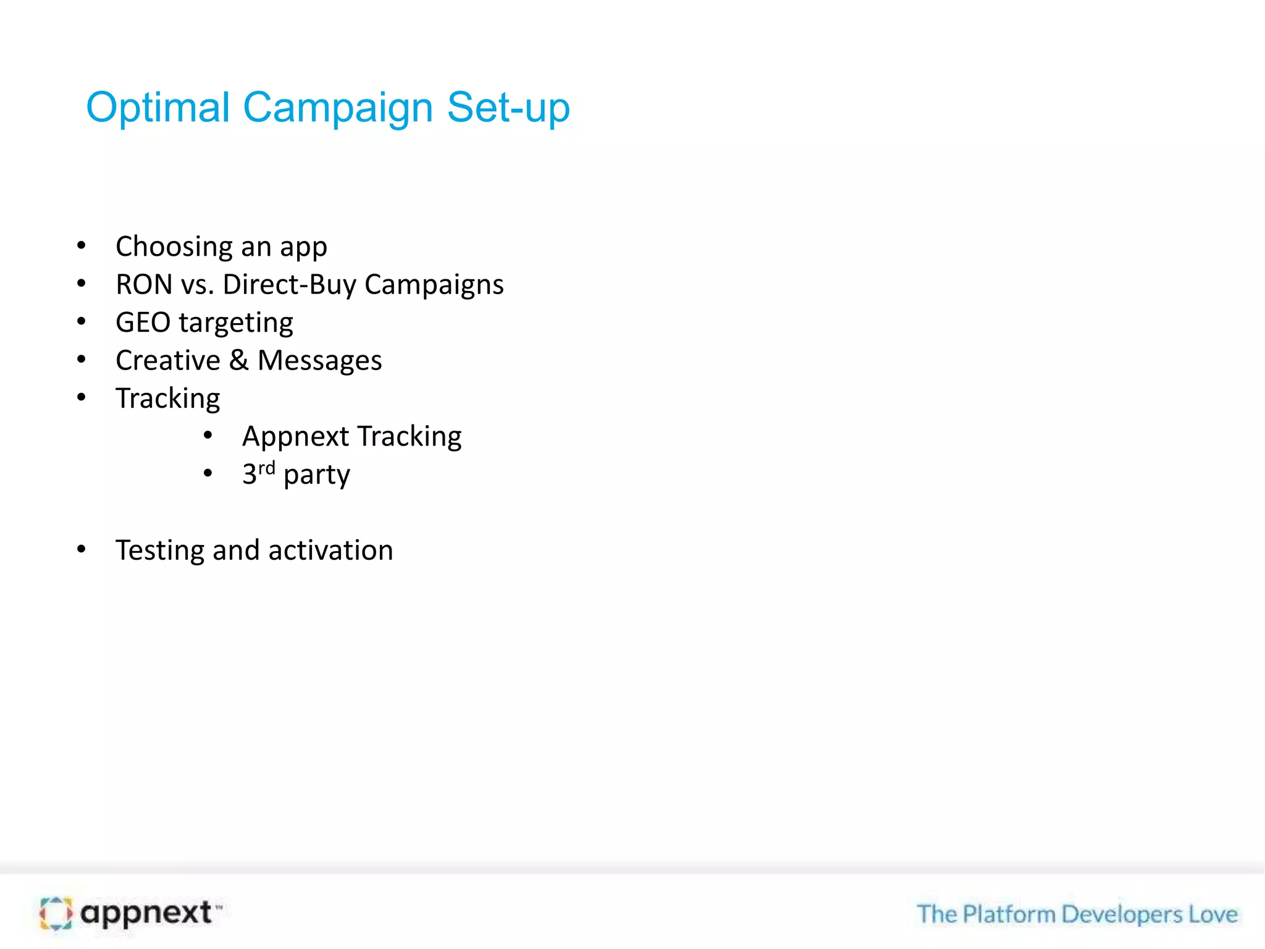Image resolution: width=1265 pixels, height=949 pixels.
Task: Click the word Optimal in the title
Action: coord(158,109)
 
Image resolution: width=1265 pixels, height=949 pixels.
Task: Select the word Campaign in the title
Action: coord(338,109)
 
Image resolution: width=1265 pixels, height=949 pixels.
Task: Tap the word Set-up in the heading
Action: coord(508,109)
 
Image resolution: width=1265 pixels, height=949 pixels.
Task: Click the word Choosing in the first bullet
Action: coord(174,247)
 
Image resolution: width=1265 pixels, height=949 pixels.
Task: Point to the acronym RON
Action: coord(144,285)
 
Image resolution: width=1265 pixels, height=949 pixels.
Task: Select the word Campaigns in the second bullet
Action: coord(434,285)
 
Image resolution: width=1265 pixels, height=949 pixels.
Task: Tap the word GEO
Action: coord(143,323)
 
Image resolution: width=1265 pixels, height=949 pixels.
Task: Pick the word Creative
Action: coord(168,360)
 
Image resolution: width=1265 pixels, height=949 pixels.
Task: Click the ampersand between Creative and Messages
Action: coord(238,360)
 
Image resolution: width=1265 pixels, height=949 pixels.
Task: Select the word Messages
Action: coord(319,361)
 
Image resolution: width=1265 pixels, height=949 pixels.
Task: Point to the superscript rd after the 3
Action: coord(266,468)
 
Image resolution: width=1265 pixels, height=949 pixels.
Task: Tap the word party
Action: coord(316,475)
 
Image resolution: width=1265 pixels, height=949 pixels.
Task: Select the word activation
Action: coord(330,550)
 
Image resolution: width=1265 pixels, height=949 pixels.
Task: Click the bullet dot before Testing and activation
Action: coord(82,549)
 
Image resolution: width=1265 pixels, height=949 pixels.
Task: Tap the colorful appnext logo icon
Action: coord(56,913)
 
